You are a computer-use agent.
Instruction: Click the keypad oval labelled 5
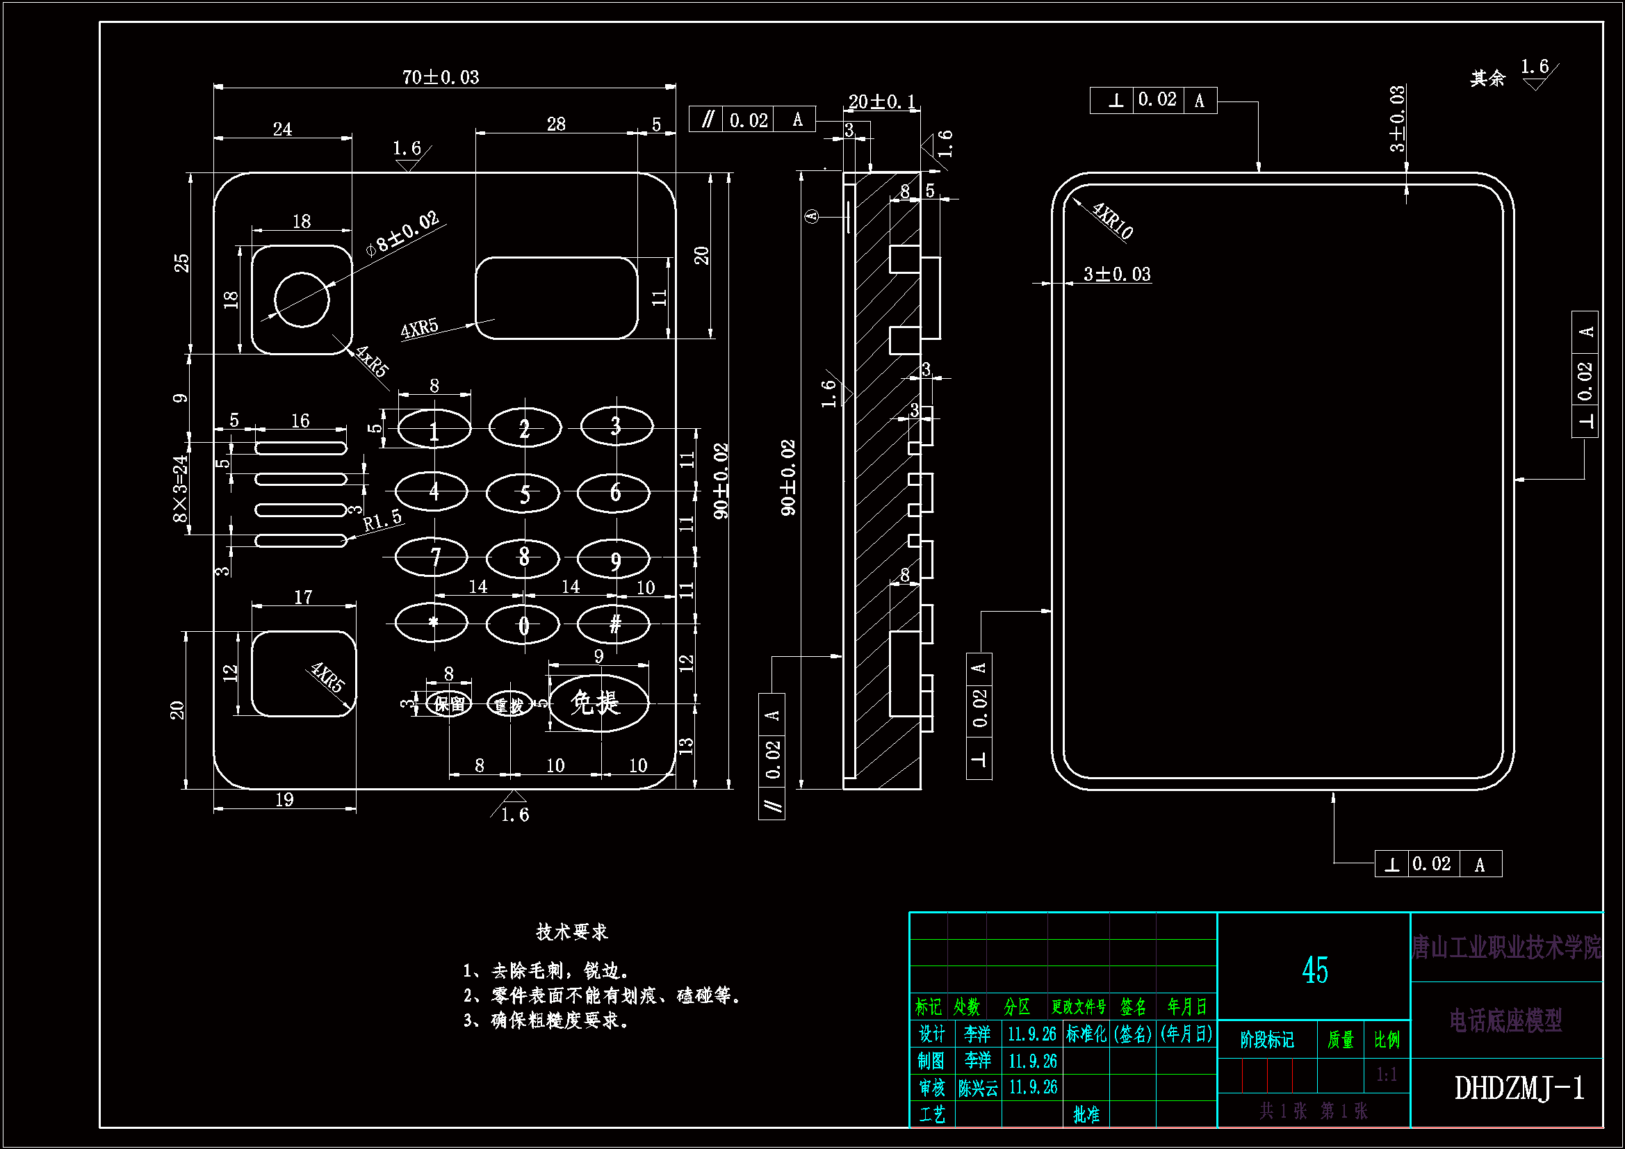(523, 493)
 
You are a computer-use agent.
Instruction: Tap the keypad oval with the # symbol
(614, 624)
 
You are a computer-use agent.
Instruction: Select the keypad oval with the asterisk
(432, 623)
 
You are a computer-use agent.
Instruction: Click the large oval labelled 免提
(598, 703)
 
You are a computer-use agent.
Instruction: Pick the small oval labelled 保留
(450, 704)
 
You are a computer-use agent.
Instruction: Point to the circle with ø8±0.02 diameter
(302, 300)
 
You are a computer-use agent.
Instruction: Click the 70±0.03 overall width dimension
(440, 77)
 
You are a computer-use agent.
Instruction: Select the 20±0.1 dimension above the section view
(881, 102)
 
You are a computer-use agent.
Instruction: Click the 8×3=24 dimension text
(181, 489)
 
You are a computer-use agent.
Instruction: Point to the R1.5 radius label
(382, 521)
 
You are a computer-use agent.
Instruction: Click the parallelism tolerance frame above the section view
(751, 120)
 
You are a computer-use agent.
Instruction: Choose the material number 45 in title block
(1314, 970)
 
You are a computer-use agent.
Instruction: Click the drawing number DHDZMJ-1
(1519, 1088)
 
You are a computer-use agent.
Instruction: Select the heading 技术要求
(572, 931)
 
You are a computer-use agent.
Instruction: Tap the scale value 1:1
(1387, 1075)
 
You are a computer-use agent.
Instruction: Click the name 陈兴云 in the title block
(977, 1088)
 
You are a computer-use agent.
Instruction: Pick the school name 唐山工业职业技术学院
(1506, 947)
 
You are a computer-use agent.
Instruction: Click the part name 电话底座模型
(1505, 1021)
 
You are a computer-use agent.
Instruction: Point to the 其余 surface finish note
(1487, 78)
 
